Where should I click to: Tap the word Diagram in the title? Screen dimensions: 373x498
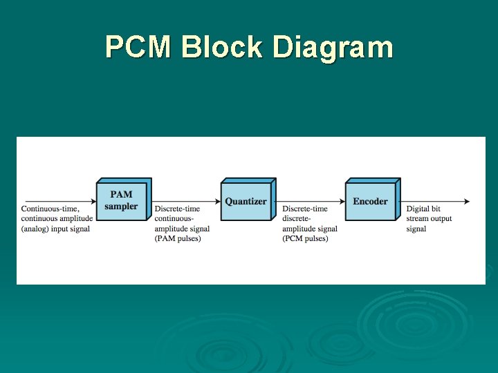tap(333, 48)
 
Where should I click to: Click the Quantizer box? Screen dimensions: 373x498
tap(246, 201)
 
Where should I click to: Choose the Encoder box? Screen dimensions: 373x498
tap(370, 201)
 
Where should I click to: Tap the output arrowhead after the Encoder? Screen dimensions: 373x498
tap(467, 202)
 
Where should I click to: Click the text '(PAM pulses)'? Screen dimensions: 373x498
tap(178, 239)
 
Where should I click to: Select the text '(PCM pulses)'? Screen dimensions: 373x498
tap(305, 239)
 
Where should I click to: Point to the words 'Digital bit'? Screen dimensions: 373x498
tap(423, 209)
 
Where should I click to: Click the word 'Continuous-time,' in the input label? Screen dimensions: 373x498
tap(50, 209)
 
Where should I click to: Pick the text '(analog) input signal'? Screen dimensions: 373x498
tap(55, 229)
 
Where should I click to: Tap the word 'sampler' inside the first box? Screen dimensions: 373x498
tap(121, 207)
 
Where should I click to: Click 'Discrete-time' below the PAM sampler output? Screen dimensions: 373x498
tap(177, 209)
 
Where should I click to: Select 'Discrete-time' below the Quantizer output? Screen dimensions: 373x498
tap(305, 209)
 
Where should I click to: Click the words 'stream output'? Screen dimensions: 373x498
tap(429, 219)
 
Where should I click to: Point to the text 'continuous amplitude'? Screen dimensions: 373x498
tap(56, 219)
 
